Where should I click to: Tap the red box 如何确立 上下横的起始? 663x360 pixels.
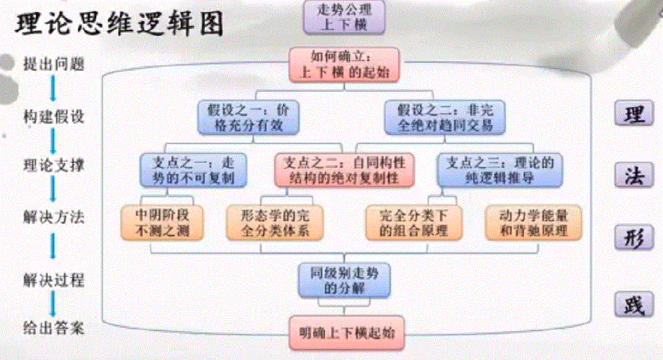coord(345,64)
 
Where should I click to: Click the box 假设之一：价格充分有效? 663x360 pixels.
coord(249,117)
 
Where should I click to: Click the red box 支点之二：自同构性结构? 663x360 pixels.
coord(344,169)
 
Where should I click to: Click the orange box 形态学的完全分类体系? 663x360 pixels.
coord(275,222)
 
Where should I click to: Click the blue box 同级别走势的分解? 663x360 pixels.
coord(343,280)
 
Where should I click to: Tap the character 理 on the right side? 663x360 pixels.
coord(633,115)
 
